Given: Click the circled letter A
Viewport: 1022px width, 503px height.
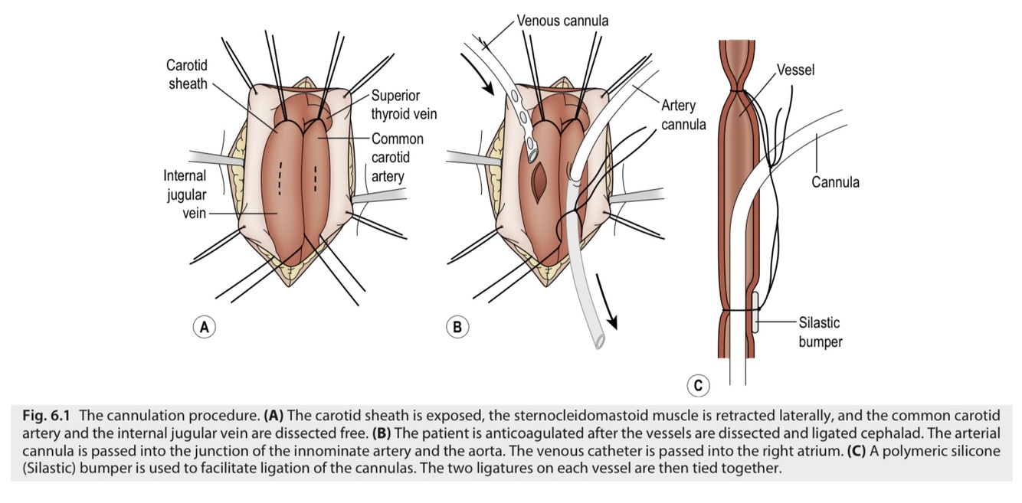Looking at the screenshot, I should click(x=204, y=327).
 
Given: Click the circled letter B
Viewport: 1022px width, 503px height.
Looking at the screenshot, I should click(x=457, y=327).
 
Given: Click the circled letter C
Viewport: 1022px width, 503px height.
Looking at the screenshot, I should click(x=698, y=385).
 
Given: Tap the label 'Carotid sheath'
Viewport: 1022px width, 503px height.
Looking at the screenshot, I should click(x=187, y=74).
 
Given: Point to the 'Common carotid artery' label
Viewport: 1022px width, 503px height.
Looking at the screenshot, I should click(x=397, y=158).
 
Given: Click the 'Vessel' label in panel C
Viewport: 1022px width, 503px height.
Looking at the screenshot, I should click(x=795, y=70).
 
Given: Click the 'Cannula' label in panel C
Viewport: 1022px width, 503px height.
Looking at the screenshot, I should click(x=835, y=182).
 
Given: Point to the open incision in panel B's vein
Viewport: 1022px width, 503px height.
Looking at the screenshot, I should click(x=540, y=178).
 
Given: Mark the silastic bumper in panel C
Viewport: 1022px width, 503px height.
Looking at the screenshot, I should click(x=757, y=312).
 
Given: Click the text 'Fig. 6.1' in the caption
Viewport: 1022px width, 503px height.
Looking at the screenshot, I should click(x=45, y=416).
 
